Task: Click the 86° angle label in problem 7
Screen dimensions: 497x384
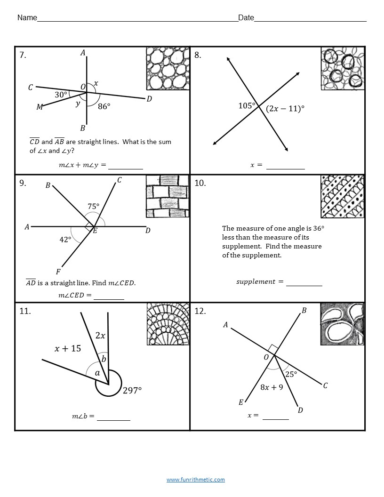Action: [104, 106]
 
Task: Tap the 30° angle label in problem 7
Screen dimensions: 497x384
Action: [61, 95]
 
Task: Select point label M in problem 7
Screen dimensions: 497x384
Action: [40, 107]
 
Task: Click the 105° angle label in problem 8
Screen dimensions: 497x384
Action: [246, 105]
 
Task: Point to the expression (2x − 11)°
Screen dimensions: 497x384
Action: [285, 109]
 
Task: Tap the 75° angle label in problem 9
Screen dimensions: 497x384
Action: [93, 206]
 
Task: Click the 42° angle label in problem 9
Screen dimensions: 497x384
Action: [65, 240]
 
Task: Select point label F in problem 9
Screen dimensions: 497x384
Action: [58, 272]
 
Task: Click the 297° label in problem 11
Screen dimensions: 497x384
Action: [132, 391]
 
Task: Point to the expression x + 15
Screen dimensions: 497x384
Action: [68, 349]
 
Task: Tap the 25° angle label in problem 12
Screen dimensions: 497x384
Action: [291, 374]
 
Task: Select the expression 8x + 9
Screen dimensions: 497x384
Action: [272, 387]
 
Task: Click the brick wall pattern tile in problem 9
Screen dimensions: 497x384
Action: [168, 196]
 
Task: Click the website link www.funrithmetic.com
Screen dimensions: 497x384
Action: [195, 480]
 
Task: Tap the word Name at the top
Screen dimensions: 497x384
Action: [27, 18]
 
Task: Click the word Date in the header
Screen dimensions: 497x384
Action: [246, 18]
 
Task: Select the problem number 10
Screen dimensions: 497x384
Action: [200, 183]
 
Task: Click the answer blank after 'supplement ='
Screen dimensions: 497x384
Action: [304, 282]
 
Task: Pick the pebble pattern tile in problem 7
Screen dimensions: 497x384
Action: [168, 68]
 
